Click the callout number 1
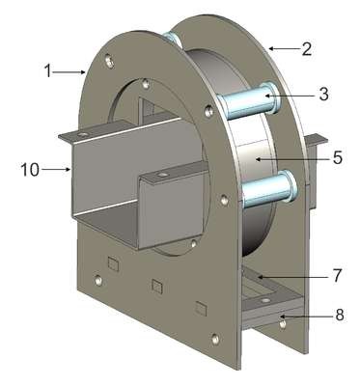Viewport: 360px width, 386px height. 47,71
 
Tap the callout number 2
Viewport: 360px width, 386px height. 307,49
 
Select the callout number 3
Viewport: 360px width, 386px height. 323,94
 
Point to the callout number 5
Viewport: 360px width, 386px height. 337,157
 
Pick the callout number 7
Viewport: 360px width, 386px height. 336,275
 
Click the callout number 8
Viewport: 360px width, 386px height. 340,316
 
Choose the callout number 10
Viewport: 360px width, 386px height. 30,170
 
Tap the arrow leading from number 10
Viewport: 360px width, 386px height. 55,169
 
